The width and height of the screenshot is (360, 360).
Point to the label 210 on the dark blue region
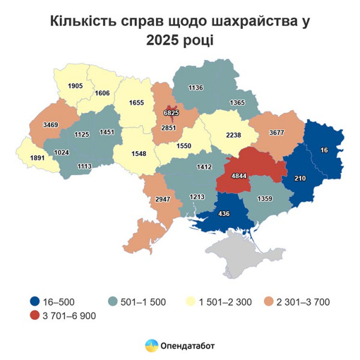tap(301, 178)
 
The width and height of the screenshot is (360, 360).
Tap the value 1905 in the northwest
tap(75, 86)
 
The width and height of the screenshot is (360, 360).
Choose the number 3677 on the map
tap(276, 132)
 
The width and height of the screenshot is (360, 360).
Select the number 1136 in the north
tap(196, 88)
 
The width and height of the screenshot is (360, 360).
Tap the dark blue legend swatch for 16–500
tap(35, 301)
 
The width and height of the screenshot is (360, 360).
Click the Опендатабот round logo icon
tap(151, 346)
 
